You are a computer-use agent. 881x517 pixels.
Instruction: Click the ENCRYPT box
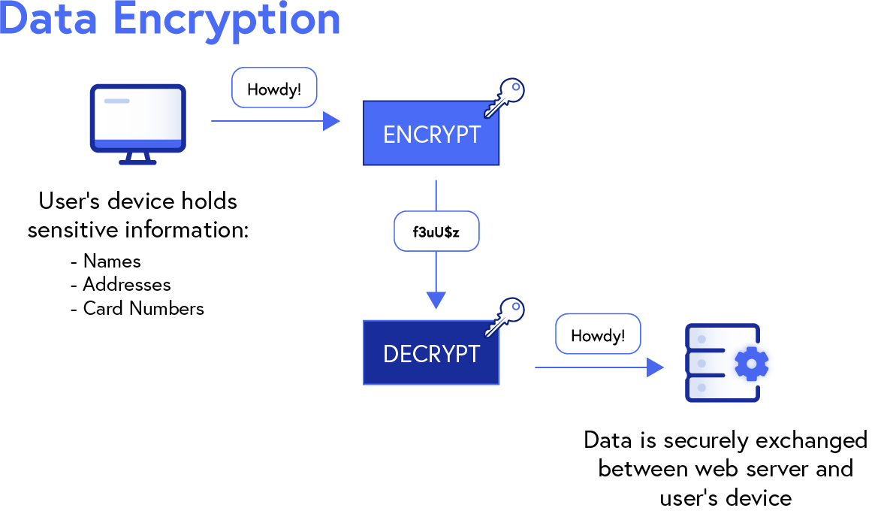tap(431, 133)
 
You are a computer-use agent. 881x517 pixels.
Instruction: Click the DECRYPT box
tap(431, 353)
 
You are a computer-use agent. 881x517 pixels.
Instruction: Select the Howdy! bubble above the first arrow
tap(274, 89)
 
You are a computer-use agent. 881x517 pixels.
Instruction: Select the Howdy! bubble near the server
tap(597, 335)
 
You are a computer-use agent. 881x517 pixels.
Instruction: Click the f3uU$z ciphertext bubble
tap(436, 231)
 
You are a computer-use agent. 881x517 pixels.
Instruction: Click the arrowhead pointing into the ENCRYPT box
tap(331, 120)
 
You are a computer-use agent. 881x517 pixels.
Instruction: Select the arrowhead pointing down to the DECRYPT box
tap(436, 299)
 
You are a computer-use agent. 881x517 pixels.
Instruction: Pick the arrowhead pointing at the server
tap(655, 367)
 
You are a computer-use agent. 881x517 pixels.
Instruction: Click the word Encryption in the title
tap(227, 20)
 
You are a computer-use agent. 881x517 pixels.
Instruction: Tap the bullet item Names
tap(112, 261)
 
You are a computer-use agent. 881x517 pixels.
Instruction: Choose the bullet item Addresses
tap(127, 285)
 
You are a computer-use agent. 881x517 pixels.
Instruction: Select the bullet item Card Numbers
tap(143, 308)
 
